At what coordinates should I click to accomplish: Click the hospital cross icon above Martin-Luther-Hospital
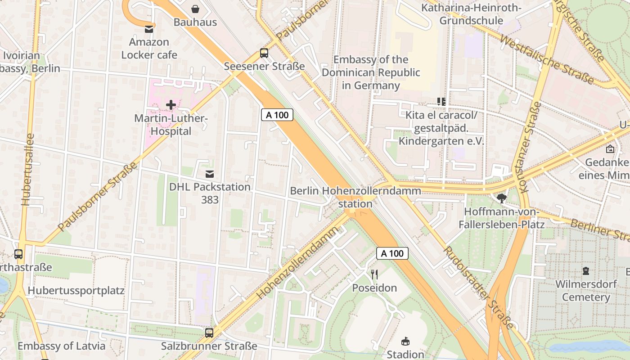[171, 105]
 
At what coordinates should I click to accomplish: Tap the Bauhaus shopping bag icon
[195, 9]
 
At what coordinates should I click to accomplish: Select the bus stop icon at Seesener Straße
[264, 53]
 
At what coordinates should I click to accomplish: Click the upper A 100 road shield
[277, 115]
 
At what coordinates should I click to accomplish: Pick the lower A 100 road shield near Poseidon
[392, 253]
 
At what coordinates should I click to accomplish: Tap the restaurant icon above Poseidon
[374, 274]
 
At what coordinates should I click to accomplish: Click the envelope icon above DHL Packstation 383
[209, 174]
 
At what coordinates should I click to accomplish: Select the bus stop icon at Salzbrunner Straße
[209, 333]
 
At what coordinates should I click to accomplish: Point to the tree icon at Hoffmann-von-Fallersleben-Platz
[501, 198]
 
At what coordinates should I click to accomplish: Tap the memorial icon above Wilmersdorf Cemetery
[585, 271]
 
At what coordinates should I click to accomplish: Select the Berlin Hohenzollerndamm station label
[355, 197]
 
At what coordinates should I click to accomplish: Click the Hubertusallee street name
[28, 170]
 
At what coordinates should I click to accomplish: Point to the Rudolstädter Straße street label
[479, 288]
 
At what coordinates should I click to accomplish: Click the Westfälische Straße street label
[547, 60]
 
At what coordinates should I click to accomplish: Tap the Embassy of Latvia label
[61, 346]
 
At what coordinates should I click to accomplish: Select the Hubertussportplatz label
[76, 290]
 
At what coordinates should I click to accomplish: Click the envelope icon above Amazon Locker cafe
[148, 29]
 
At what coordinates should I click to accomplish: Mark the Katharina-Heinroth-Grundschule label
[471, 14]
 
